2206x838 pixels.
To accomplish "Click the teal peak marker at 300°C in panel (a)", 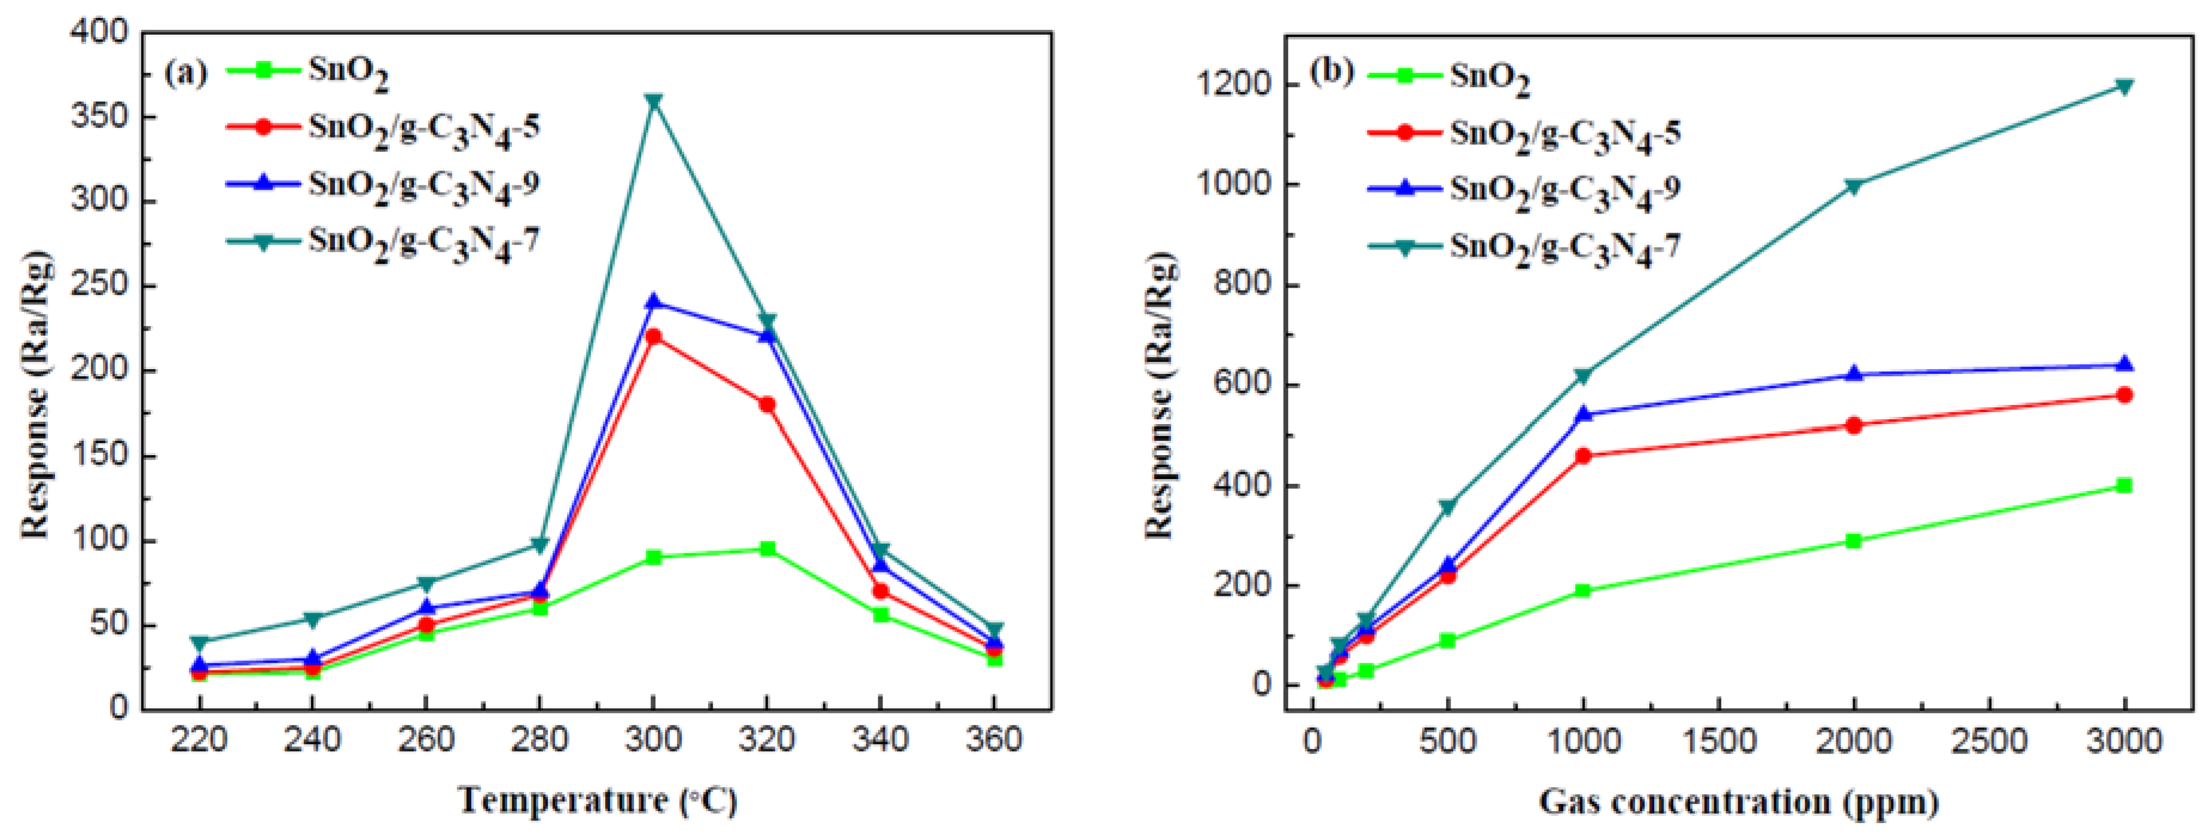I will click(x=654, y=101).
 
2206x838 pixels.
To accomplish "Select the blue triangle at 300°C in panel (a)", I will click(x=654, y=301).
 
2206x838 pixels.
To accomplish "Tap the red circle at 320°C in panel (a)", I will click(x=767, y=404).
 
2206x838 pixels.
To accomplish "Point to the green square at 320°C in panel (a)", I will click(x=767, y=548).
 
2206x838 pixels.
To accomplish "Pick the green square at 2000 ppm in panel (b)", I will click(x=1854, y=541).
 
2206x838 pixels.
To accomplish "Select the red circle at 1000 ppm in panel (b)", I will click(x=1582, y=456).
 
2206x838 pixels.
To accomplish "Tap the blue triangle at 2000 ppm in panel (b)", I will click(x=1854, y=374).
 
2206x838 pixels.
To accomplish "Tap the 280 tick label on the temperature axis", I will click(x=539, y=739).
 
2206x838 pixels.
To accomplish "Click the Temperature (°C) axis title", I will click(x=597, y=801).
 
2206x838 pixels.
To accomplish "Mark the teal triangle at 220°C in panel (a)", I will click(x=200, y=642).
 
